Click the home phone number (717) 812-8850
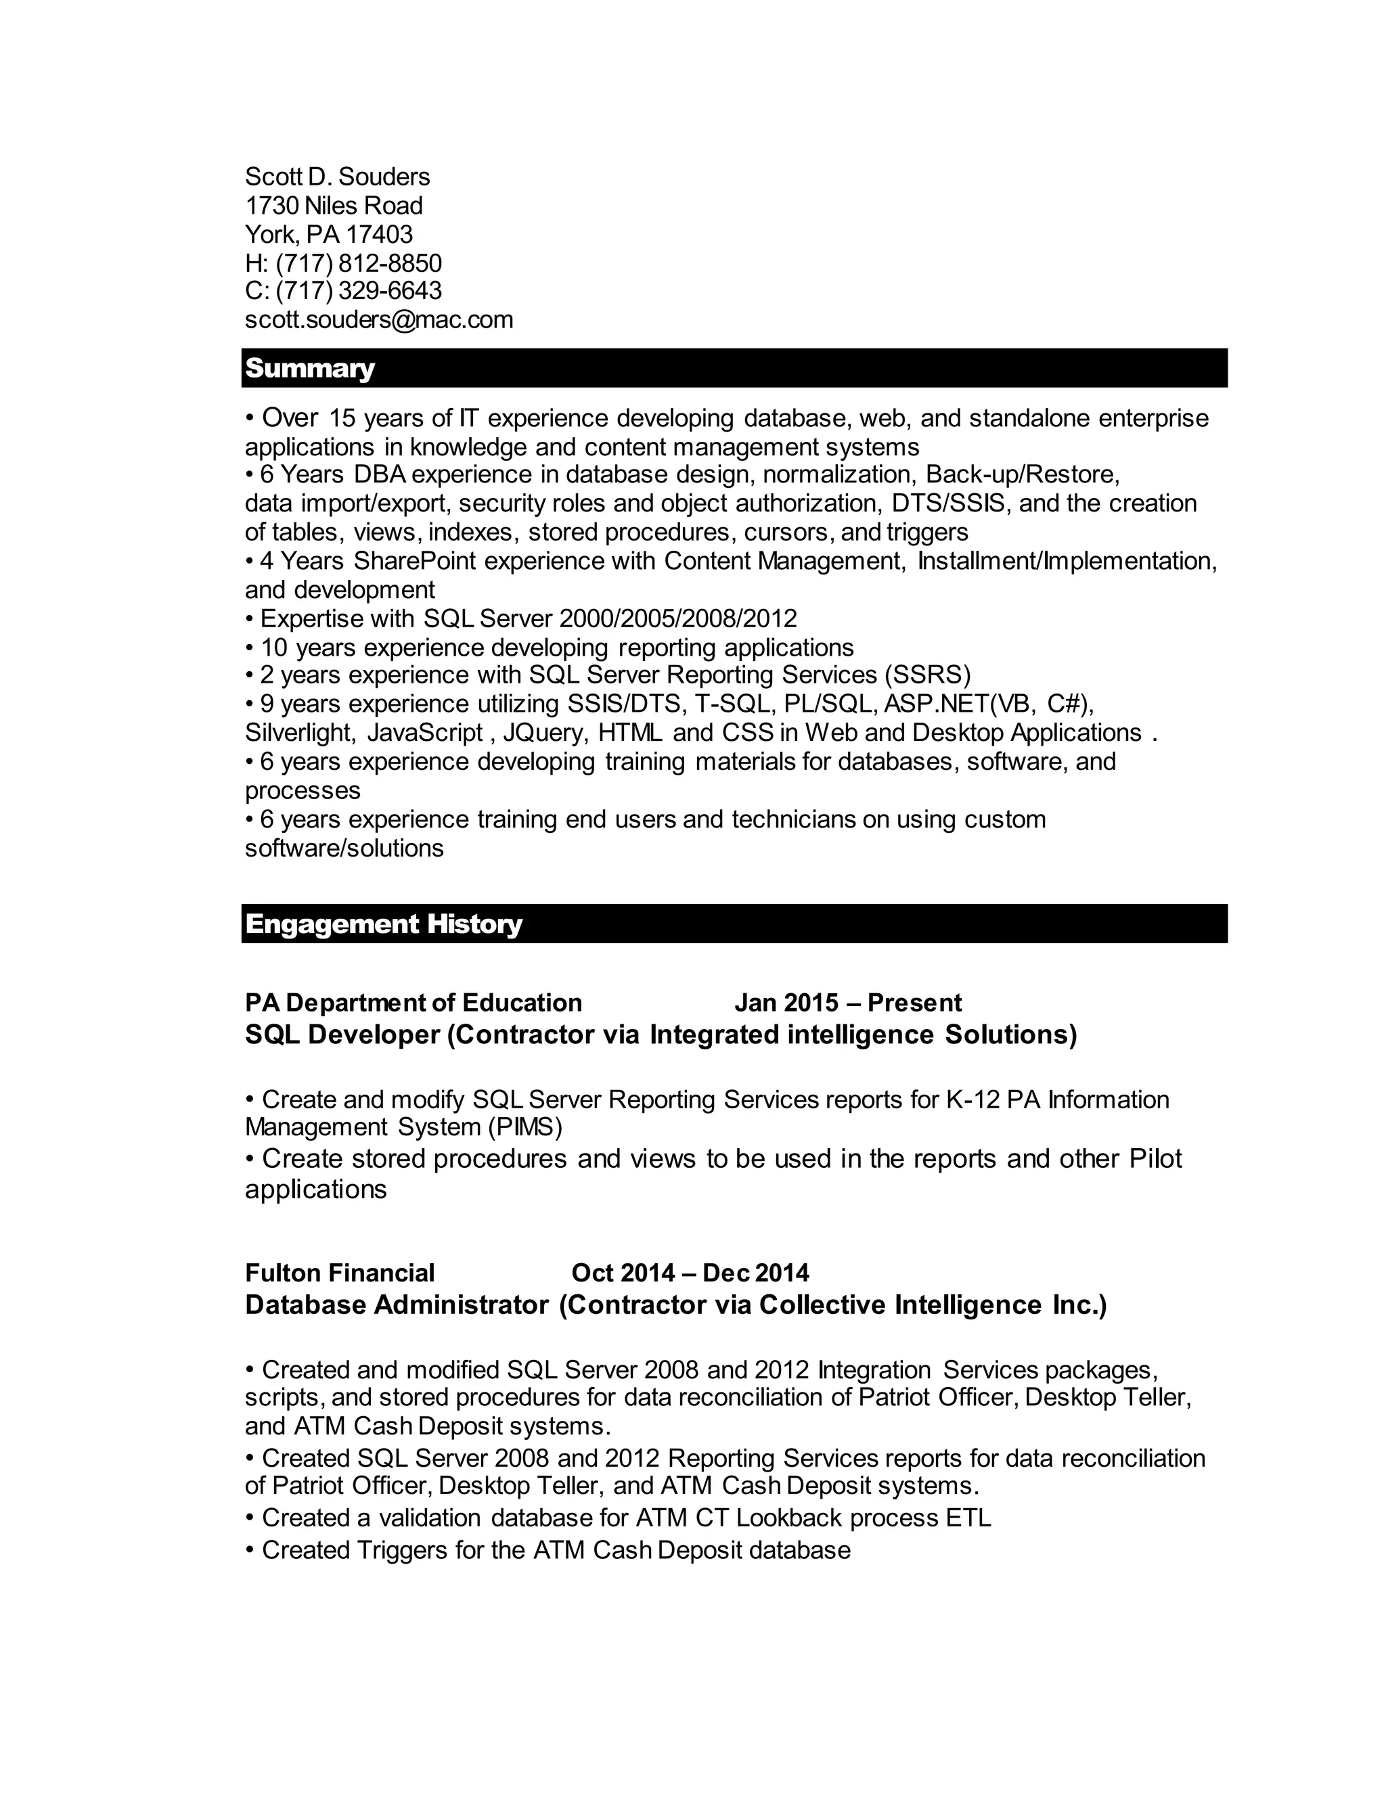click(x=358, y=263)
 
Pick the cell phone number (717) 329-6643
click(x=358, y=291)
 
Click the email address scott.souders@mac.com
click(x=378, y=319)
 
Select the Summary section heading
click(x=309, y=368)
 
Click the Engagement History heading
click(x=384, y=924)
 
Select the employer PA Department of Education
click(x=413, y=1003)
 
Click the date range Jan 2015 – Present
click(x=847, y=1003)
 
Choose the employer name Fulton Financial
click(x=339, y=1273)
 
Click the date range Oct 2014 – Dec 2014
click(x=690, y=1273)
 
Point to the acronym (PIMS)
click(x=524, y=1127)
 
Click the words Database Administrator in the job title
click(x=397, y=1304)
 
